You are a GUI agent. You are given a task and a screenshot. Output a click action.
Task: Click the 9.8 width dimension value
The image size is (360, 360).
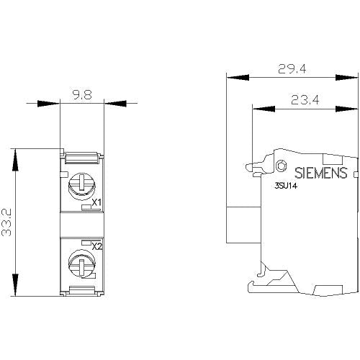coord(82,95)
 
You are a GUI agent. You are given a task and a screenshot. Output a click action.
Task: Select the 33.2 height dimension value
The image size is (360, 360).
coord(6,222)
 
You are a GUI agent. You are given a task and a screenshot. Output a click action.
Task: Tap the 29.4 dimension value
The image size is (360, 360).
coord(292,69)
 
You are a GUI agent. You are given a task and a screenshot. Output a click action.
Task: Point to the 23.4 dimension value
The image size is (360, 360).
coord(305,100)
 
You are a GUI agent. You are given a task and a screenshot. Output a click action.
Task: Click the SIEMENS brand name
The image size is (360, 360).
coord(321,173)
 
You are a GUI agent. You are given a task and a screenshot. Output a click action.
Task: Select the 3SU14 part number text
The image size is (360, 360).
coord(286,186)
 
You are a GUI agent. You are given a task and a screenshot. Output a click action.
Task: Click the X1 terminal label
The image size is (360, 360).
coord(96,203)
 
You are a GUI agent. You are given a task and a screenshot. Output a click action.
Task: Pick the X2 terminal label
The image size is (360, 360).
coord(97,246)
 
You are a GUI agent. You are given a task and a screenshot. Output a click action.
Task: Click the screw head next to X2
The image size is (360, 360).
coord(82,264)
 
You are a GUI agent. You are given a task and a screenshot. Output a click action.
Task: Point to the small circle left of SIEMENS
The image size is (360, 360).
coord(281,166)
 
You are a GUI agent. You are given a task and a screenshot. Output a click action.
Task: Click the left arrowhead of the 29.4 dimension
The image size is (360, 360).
coord(238,77)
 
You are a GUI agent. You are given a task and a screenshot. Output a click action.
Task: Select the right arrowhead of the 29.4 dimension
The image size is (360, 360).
coord(346,77)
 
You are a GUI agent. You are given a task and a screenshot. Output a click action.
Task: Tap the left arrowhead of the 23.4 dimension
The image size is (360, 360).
coord(264,109)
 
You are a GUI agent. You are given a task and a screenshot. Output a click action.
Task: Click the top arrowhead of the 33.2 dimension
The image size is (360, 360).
coord(15,160)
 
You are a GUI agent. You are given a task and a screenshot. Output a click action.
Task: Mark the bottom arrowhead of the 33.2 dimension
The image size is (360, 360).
coord(15,285)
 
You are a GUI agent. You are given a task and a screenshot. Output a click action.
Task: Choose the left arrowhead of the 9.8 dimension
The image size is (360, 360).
coord(49,104)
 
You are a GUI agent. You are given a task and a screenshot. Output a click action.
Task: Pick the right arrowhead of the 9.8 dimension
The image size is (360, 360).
coord(115,104)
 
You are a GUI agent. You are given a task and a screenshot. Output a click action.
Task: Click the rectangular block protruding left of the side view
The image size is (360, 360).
coord(243,225)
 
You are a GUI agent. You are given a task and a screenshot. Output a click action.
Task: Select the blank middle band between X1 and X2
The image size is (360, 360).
coord(82,225)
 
